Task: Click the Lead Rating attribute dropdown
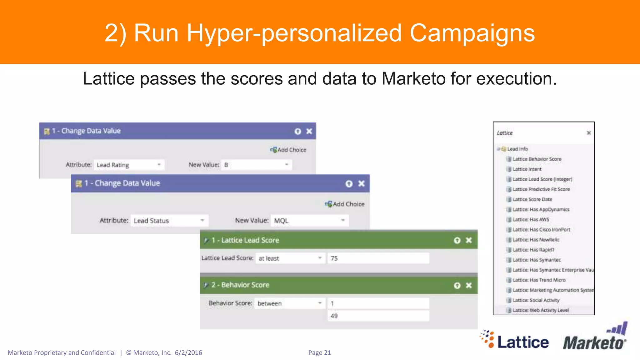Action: coord(129,165)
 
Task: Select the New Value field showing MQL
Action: coord(309,221)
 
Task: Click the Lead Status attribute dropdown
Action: coord(169,221)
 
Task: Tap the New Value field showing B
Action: coord(256,165)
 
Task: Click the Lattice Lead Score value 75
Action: coord(378,258)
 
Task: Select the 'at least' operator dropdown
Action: coord(290,258)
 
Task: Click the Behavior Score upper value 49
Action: coord(378,316)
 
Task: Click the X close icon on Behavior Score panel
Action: coord(469,285)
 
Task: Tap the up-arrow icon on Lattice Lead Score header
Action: coord(457,240)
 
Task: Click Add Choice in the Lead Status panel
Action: coord(345,204)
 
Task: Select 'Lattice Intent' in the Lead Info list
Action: coord(527,169)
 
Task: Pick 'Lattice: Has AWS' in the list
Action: coord(531,220)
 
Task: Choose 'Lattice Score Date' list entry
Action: coord(532,199)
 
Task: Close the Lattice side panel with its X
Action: coord(589,133)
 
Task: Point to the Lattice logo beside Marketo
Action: coord(515,340)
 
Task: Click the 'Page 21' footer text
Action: coord(319,353)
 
